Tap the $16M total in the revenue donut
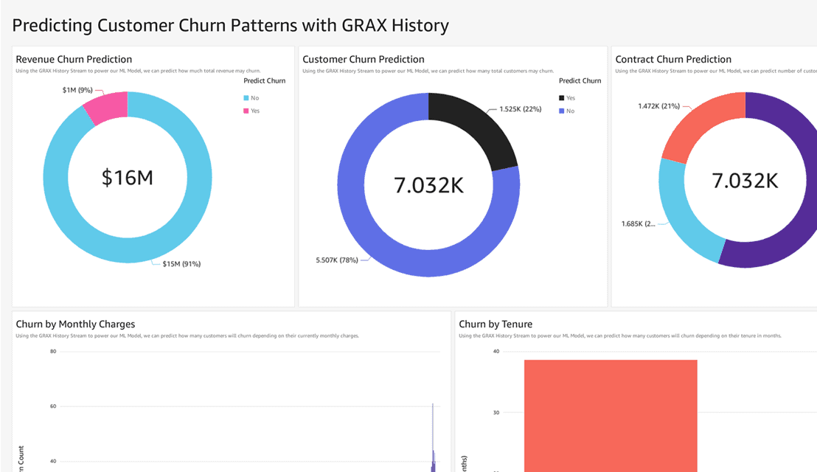(128, 177)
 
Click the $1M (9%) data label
(77, 90)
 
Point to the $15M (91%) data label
(181, 264)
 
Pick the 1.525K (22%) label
(520, 109)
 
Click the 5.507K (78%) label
(337, 260)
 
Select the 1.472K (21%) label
(659, 106)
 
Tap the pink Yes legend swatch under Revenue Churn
(246, 111)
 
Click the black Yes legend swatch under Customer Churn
(562, 98)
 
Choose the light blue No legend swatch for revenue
(246, 98)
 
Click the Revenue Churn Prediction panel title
(74, 59)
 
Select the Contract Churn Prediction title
(673, 59)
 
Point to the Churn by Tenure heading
(496, 324)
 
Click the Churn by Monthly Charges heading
(75, 324)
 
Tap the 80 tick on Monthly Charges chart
(53, 352)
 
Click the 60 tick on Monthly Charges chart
(53, 406)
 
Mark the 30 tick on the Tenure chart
(496, 413)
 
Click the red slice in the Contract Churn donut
(700, 125)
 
